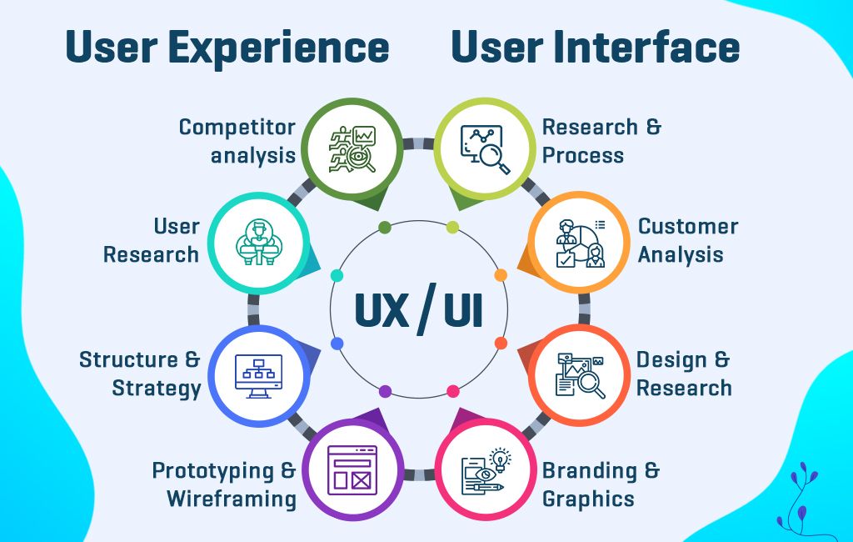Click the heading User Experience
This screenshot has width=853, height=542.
(227, 48)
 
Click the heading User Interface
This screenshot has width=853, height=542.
(595, 48)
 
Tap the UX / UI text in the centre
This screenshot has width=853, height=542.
(418, 309)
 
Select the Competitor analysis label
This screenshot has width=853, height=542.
(237, 141)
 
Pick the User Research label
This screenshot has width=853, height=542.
(152, 240)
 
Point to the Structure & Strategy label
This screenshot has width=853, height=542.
(140, 374)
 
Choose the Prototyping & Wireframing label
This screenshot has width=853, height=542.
(224, 484)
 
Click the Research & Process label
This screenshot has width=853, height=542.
(601, 141)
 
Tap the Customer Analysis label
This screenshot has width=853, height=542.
(688, 240)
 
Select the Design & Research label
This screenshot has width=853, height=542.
(684, 374)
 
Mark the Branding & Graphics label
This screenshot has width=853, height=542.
(601, 484)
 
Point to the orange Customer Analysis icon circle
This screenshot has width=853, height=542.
(580, 244)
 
